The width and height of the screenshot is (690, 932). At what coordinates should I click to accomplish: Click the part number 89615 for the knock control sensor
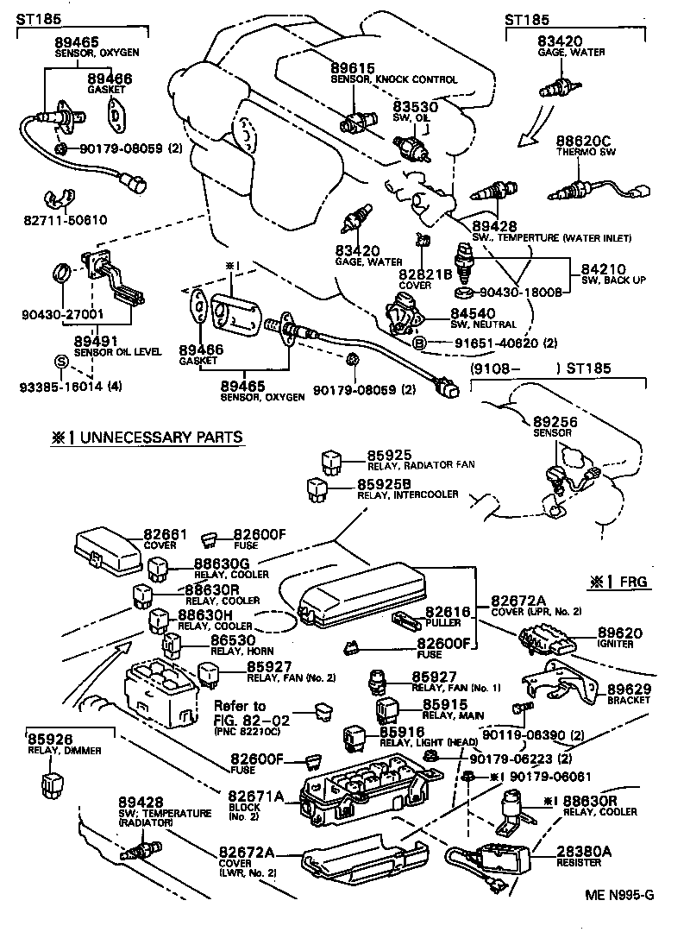[352, 68]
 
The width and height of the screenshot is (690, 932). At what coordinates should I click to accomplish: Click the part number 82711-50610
[66, 219]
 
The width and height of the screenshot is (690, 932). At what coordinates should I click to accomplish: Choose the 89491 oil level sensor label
[94, 341]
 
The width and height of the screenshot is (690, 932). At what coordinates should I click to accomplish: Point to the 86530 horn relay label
[233, 640]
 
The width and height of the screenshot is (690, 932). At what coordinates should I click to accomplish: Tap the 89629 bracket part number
[629, 689]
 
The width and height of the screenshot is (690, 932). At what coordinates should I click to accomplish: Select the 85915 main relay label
[445, 704]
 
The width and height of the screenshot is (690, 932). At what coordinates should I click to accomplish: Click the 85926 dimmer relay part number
[50, 739]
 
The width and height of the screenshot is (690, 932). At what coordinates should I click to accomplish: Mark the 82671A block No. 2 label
[256, 795]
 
